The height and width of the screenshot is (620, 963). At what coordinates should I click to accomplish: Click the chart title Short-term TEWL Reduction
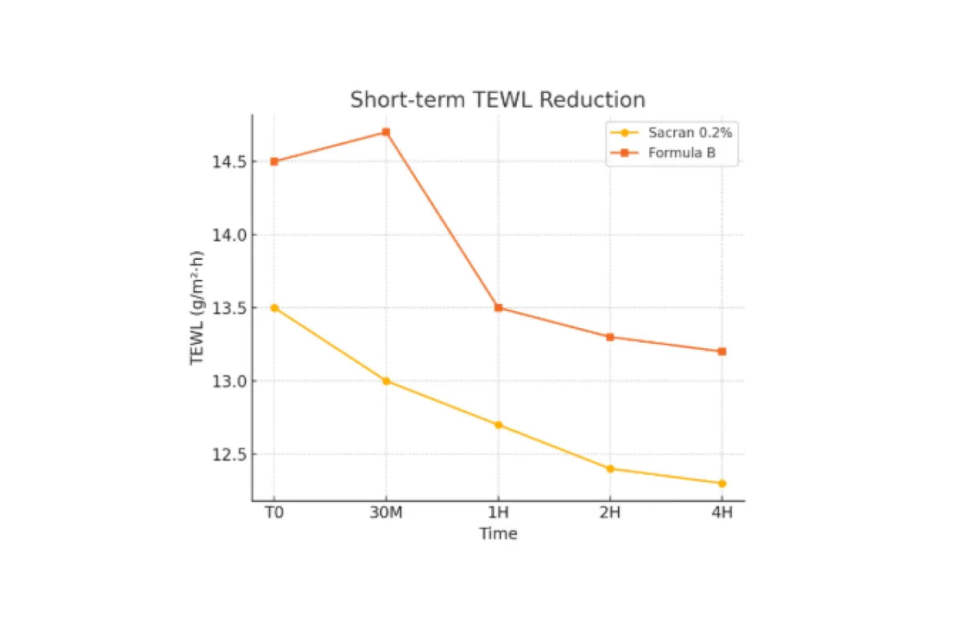click(x=498, y=100)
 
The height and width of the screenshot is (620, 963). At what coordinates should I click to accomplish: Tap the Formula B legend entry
click(x=681, y=152)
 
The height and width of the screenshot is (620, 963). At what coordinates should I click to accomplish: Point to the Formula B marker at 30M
click(x=386, y=132)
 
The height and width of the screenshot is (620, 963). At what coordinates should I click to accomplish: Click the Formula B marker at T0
click(x=274, y=161)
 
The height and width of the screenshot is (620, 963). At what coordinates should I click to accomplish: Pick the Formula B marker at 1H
click(x=498, y=308)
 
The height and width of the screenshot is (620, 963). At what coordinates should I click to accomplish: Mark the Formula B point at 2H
click(x=610, y=337)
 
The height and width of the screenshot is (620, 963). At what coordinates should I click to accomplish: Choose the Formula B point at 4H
click(x=722, y=351)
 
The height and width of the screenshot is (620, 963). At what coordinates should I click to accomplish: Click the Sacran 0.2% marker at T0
click(x=274, y=308)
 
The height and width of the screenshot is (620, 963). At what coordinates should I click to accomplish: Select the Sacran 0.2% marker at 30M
click(x=386, y=381)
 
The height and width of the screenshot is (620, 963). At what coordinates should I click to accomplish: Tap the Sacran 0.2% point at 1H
click(x=498, y=425)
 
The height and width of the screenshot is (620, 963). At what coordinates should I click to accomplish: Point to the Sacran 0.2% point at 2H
click(x=610, y=468)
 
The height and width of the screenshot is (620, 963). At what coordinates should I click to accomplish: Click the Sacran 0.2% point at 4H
click(x=722, y=484)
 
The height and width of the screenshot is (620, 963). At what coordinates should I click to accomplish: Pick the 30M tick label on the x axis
click(x=386, y=513)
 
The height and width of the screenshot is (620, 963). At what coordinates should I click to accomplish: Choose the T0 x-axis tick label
click(x=274, y=513)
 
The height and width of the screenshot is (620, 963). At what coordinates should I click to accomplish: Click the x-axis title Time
click(x=498, y=534)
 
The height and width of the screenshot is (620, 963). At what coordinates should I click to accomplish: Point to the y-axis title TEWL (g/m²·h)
click(x=197, y=308)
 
